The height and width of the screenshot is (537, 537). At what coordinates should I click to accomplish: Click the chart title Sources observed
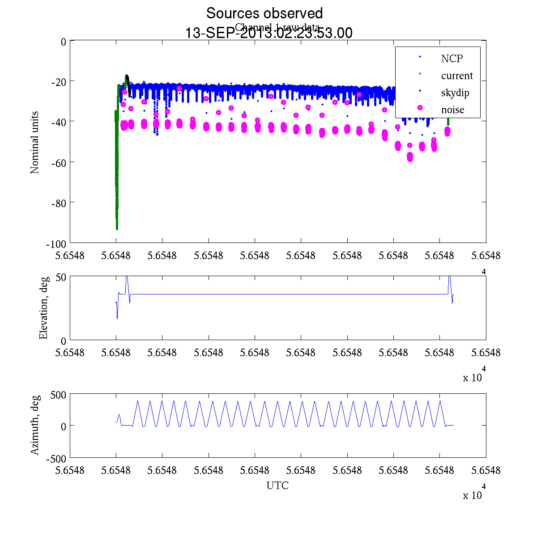click(x=264, y=13)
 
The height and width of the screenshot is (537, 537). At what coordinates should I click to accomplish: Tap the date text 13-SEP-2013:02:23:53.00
click(x=268, y=33)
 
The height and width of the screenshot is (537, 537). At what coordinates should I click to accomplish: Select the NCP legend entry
click(x=452, y=58)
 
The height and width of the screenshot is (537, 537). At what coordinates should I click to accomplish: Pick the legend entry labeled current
click(x=456, y=76)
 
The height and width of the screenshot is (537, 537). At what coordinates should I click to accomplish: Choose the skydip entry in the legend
click(x=455, y=93)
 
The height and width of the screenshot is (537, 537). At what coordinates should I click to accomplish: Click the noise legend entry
click(x=452, y=110)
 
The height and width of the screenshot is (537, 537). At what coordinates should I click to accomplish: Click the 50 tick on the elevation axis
click(x=61, y=277)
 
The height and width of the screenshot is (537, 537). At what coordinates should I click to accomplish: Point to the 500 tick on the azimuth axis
click(x=58, y=395)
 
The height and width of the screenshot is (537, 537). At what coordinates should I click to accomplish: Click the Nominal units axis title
click(x=34, y=142)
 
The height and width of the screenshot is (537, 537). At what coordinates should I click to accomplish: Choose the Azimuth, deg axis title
click(x=34, y=425)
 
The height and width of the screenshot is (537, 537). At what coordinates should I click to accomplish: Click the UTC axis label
click(x=277, y=486)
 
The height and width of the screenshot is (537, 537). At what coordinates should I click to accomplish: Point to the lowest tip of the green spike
click(x=117, y=229)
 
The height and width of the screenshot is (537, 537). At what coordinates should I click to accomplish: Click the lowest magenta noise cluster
click(x=410, y=157)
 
